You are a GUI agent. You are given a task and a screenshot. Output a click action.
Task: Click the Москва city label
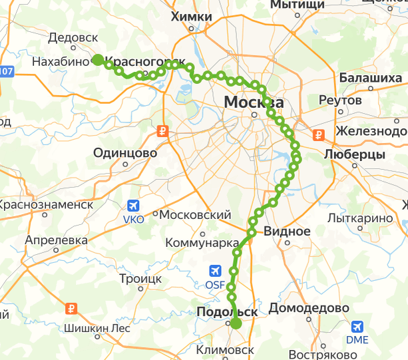[254, 102]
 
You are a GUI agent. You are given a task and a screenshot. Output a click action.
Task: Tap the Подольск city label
[227, 311]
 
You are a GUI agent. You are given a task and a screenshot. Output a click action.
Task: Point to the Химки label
[191, 17]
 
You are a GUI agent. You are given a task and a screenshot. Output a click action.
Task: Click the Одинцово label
[125, 153]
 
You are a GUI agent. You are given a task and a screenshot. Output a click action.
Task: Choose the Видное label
[287, 232]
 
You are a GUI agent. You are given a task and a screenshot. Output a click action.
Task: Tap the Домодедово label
[309, 309]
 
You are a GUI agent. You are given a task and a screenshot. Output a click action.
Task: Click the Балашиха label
[371, 78]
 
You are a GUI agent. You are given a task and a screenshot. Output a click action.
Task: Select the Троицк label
[140, 279]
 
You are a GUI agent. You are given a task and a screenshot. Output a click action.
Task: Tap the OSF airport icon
[215, 271]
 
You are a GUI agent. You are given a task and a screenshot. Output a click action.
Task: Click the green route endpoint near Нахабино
[97, 60]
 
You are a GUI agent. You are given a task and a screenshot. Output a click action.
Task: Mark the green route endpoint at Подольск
[236, 324]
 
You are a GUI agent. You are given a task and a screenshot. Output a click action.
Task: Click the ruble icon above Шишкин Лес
[73, 309]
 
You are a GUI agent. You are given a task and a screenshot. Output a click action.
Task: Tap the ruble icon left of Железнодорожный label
[319, 135]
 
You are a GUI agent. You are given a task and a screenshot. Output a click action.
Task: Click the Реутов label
[340, 100]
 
